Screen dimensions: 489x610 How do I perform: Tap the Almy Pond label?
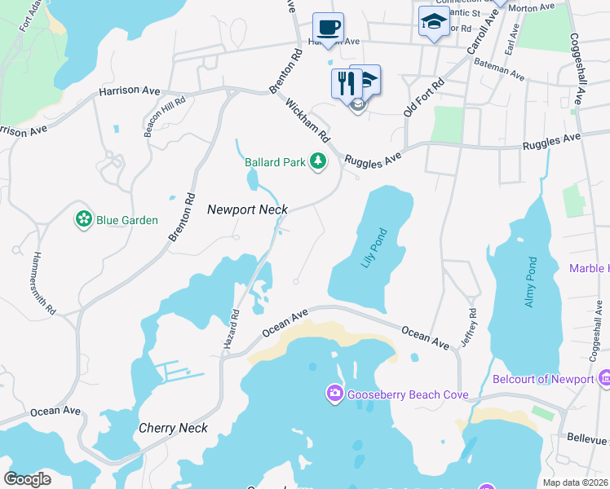coord(530,282)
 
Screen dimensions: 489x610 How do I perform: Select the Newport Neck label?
coord(247,209)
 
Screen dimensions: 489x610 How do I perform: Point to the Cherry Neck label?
coord(173,428)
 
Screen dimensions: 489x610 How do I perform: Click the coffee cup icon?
coord(328,27)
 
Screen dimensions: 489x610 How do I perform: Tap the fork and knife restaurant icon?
coord(346,81)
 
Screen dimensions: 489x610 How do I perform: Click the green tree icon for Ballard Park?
coord(318,162)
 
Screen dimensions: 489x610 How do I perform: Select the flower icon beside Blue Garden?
coord(83,219)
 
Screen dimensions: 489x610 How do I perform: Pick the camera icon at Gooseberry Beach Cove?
coord(334,395)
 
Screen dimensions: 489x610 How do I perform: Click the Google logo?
coord(28,478)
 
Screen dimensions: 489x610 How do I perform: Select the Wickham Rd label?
coord(307,119)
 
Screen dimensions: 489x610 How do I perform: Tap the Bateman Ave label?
coord(500,71)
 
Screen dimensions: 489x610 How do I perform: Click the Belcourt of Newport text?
coord(543,379)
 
